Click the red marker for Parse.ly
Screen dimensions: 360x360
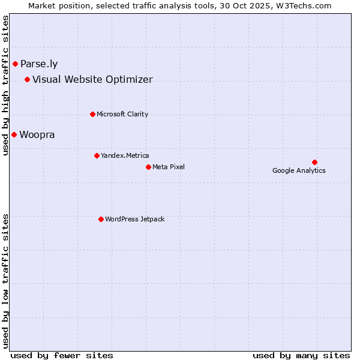15,64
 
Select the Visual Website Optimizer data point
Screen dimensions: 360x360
27,79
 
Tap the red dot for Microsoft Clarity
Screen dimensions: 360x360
92,114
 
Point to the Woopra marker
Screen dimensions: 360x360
14,134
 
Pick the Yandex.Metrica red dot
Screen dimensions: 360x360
97,155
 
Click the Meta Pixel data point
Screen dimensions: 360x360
148,167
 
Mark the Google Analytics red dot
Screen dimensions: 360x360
314,162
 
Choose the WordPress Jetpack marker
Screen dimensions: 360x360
101,219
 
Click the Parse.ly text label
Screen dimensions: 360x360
39,64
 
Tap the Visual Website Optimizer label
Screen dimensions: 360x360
92,80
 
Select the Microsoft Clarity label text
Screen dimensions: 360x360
122,115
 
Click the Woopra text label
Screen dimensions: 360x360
37,135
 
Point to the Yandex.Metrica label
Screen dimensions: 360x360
125,156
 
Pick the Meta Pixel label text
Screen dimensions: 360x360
169,167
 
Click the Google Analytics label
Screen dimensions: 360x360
299,170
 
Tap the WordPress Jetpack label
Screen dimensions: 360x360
134,220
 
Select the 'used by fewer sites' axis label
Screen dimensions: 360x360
62,355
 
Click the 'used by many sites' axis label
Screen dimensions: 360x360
301,355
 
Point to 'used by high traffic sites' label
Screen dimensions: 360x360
6,85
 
